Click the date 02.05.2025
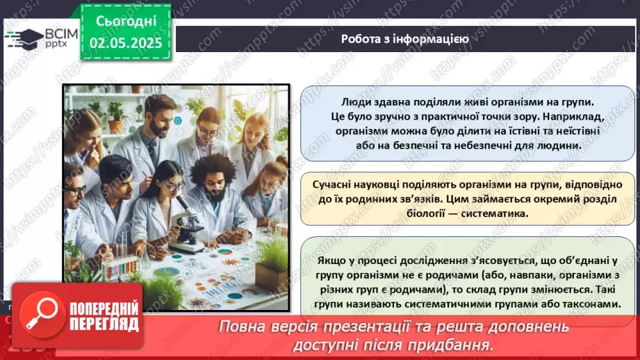point(126,43)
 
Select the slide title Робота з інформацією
point(404,39)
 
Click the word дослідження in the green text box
point(398,261)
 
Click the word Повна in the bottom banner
point(244,327)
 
